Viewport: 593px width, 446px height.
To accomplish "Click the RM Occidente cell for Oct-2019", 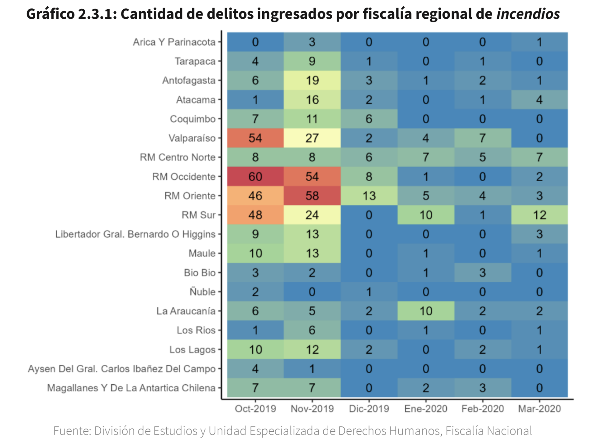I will coord(255,177).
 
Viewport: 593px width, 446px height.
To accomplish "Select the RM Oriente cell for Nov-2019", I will coord(312,196).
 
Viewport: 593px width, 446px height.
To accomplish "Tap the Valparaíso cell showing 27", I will coord(312,138).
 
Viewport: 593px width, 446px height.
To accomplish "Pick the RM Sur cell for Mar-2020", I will coord(539,215).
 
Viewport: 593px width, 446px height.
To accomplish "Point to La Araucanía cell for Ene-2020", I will coord(426,311).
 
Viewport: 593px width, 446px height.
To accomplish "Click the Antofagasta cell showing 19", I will coord(312,81).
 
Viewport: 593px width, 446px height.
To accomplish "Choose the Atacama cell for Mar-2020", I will coord(539,100).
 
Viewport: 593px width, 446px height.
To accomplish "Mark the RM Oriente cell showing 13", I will coord(369,196).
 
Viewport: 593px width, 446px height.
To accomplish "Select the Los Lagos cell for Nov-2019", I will coord(312,350).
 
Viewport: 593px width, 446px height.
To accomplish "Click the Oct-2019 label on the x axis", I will coord(255,409).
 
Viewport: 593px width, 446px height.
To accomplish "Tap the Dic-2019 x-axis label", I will coord(369,409).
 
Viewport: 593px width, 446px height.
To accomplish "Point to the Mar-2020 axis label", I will coord(539,409).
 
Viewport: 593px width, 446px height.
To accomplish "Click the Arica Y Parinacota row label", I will coord(174,42).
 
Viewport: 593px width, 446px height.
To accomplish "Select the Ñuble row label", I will coord(202,292).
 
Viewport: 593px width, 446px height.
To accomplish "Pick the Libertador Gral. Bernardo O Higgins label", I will coord(135,234).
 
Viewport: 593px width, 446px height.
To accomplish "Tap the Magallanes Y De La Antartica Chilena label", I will coord(131,388).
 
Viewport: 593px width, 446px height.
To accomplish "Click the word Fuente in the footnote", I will coord(72,431).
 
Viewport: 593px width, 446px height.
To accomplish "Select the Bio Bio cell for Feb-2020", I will coord(482,273).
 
